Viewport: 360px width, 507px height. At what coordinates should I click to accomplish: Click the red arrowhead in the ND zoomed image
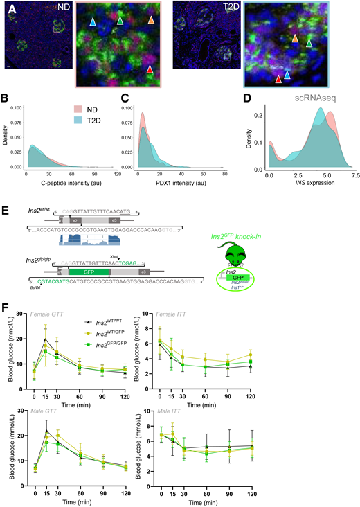150,69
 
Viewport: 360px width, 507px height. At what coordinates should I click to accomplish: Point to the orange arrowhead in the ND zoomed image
152,22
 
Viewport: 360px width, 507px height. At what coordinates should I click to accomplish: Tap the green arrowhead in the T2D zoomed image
309,44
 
